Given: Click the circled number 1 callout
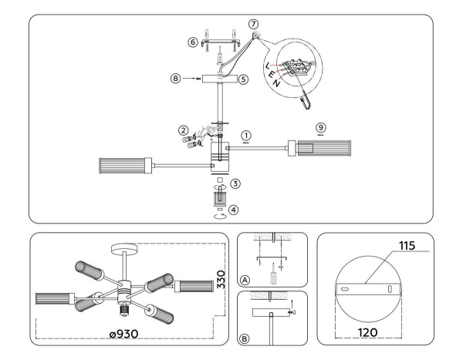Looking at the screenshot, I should pos(246,134).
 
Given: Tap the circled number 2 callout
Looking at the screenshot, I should pos(183,129).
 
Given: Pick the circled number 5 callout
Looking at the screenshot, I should pos(242,79).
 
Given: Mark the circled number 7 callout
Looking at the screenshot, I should pos(254,25).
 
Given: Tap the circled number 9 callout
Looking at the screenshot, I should pos(320,125).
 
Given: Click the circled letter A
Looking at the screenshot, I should pos(245,280).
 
